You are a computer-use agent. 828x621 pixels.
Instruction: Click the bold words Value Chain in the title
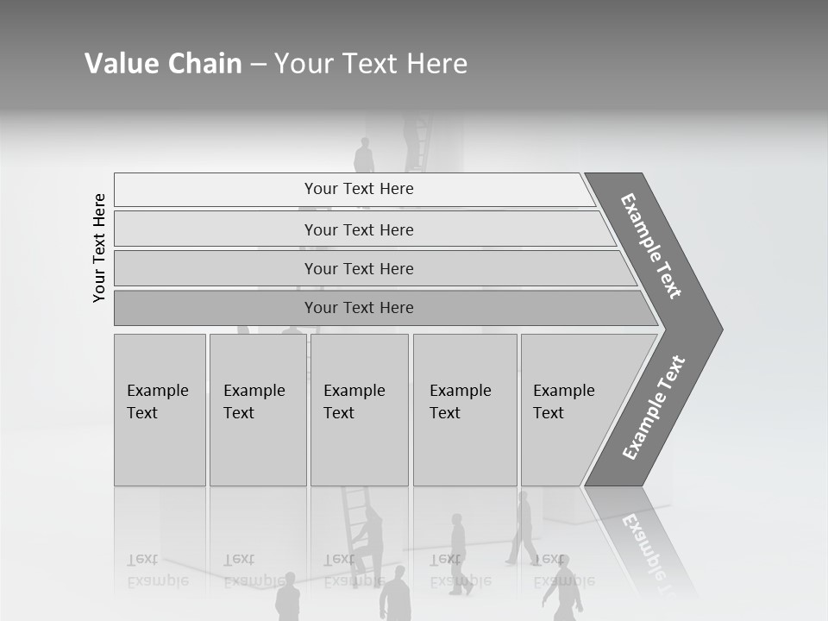coord(163,64)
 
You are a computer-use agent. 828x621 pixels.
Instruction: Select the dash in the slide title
coord(258,65)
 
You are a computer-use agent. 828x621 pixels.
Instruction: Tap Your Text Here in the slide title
coord(371,64)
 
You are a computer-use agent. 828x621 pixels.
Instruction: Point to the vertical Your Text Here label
coord(99,248)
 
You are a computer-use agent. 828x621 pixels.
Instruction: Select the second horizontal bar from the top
coord(359,229)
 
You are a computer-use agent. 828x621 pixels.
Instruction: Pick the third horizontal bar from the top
coord(359,268)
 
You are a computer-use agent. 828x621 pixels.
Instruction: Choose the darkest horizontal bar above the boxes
coord(359,308)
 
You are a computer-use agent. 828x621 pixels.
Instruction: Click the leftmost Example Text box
coord(160,410)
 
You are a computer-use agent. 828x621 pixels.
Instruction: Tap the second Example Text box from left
coord(257,410)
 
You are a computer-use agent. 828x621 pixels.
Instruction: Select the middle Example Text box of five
coord(359,410)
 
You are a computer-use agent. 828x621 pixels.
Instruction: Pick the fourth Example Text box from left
coord(464,410)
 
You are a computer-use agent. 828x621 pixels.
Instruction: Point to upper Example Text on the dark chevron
coord(651,246)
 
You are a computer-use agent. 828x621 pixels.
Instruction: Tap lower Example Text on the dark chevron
coord(654,408)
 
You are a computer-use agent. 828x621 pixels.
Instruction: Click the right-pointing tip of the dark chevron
coord(718,329)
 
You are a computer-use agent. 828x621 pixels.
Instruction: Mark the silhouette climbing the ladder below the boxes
coord(370,539)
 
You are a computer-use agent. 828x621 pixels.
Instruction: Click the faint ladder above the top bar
coord(419,142)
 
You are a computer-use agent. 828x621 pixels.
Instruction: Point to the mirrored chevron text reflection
coord(643,545)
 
